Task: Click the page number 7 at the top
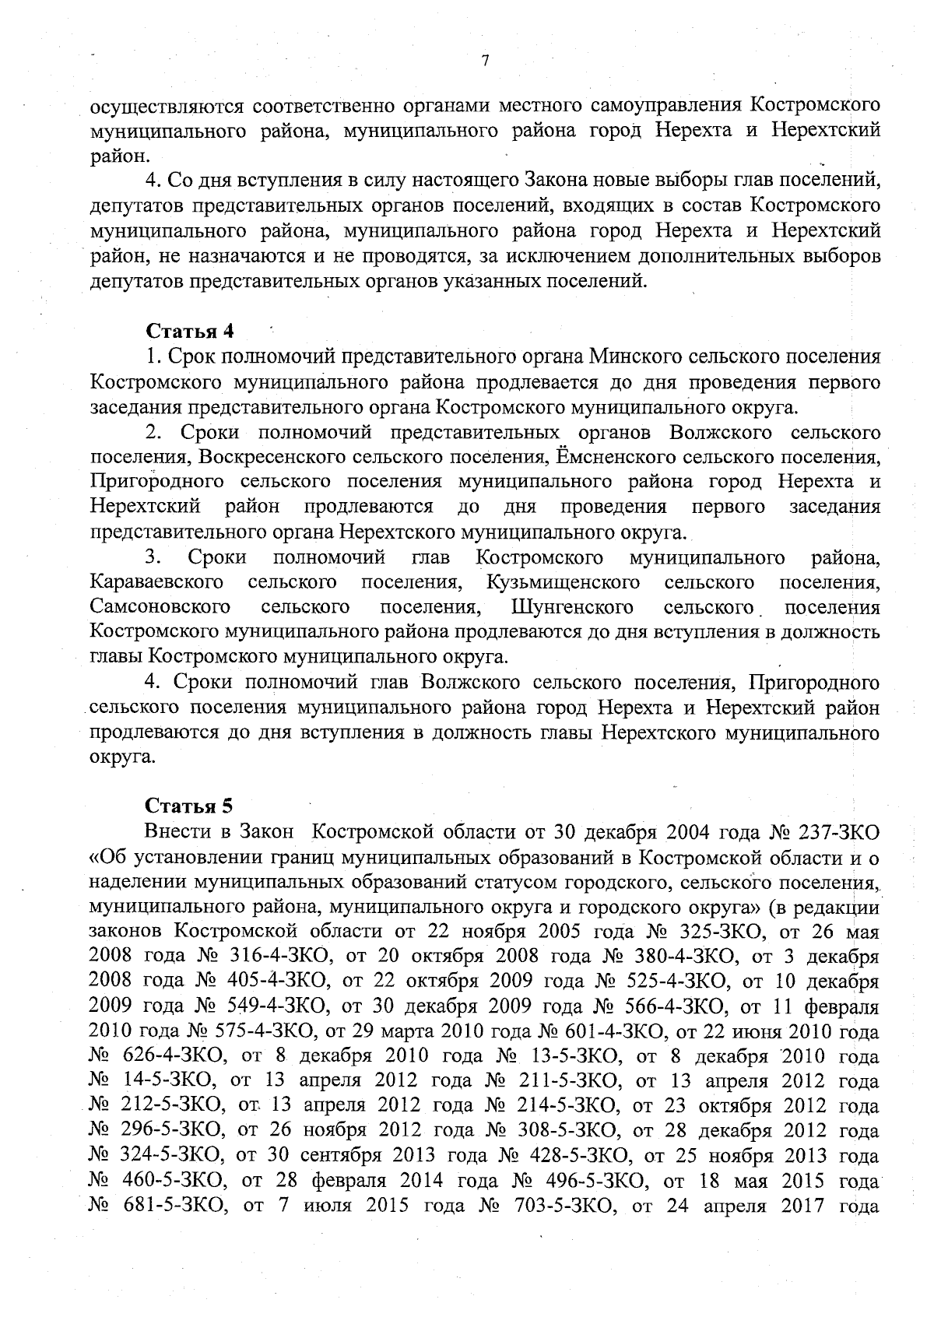click(x=484, y=61)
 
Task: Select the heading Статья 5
click(x=191, y=804)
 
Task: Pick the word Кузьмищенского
click(x=563, y=582)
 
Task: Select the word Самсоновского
click(x=160, y=607)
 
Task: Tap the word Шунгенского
click(x=572, y=607)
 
